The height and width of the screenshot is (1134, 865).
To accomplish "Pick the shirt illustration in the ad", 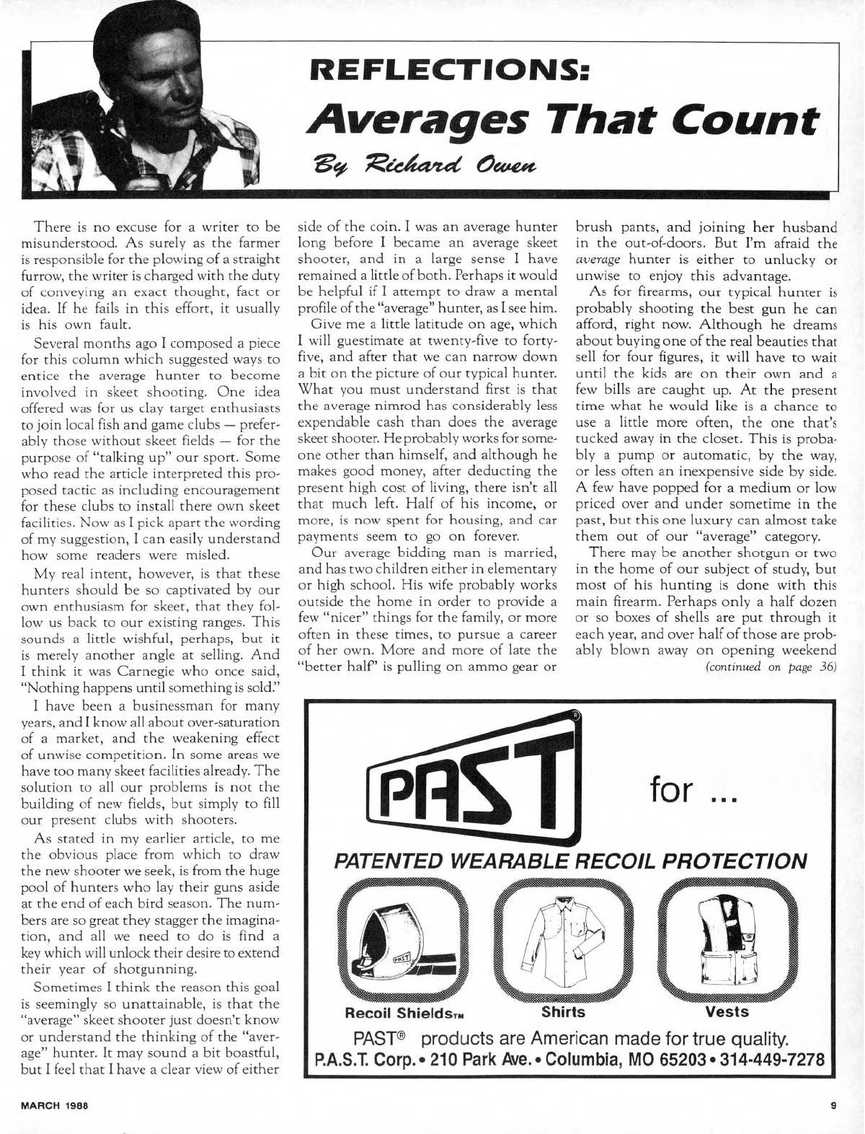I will point(563,940).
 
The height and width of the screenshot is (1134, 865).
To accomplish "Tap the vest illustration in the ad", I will point(727,940).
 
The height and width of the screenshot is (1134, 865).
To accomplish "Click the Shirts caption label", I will point(563,1011).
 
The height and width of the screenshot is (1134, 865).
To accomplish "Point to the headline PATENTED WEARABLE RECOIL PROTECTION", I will point(569,861).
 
